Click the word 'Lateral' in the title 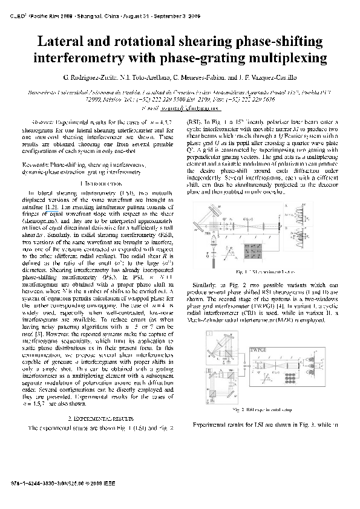[x=65, y=42]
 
